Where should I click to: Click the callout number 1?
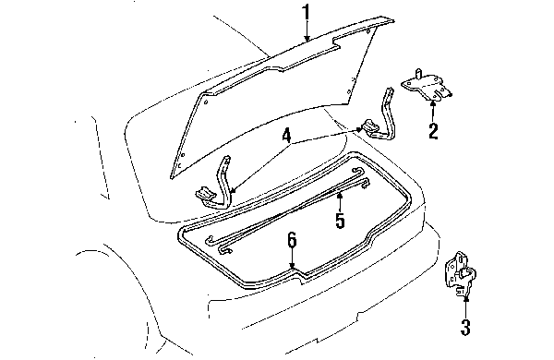(x=305, y=13)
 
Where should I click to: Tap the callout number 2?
(x=431, y=130)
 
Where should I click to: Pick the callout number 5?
(x=340, y=222)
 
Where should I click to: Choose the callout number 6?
(x=291, y=242)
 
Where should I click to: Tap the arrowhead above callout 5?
(x=340, y=196)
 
